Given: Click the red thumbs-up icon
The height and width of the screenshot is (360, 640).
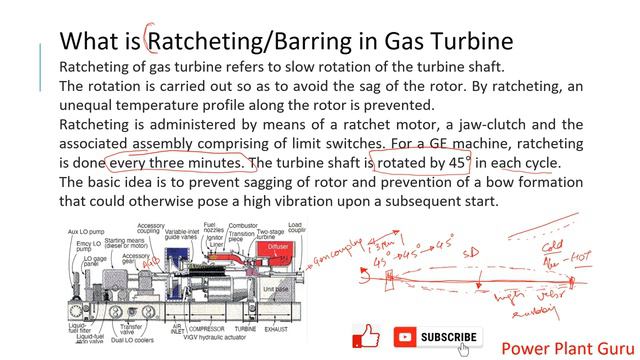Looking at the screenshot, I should pos(367,336).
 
